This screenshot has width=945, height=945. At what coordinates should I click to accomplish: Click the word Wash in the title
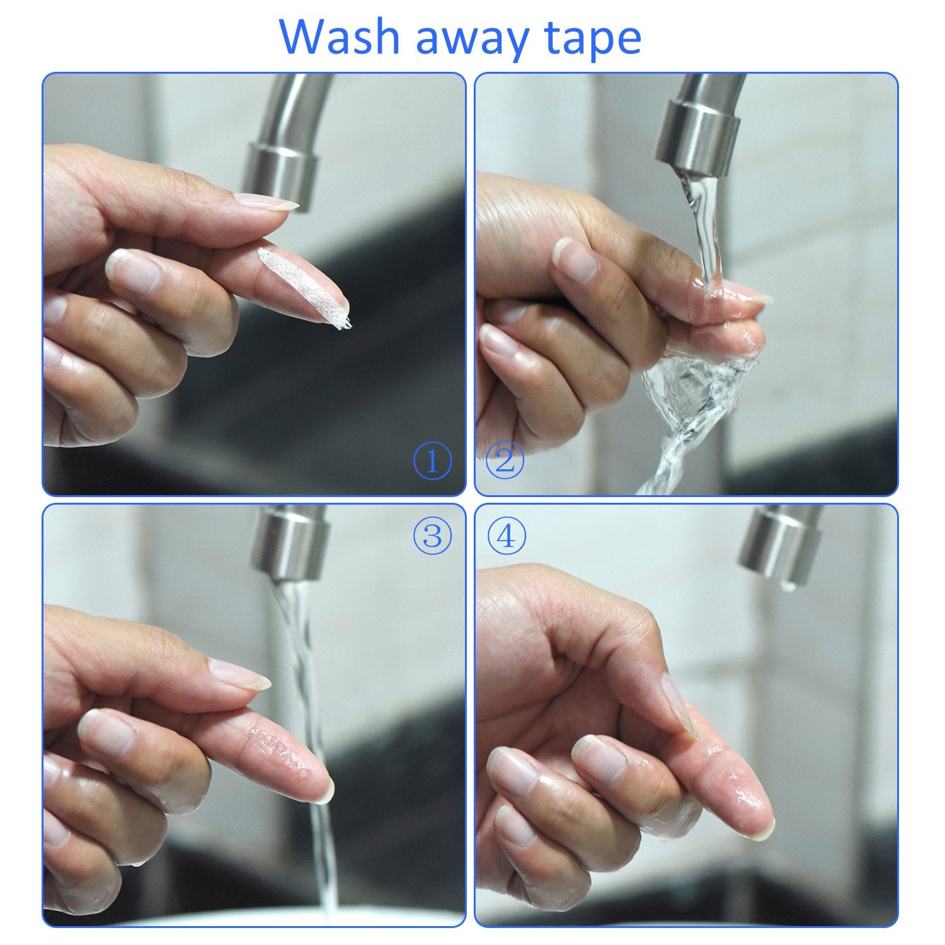(338, 38)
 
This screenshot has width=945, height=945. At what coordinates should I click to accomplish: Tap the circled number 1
(433, 462)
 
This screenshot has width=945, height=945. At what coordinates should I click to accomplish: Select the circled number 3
(432, 536)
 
